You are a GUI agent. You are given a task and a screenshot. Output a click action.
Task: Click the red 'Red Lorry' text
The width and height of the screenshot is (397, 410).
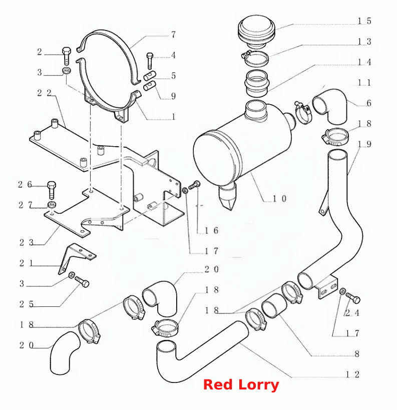(x=241, y=385)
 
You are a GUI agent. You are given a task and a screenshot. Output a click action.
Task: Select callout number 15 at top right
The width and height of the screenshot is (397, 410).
(x=364, y=21)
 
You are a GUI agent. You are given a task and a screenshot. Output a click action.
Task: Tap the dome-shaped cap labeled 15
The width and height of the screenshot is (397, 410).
(x=256, y=32)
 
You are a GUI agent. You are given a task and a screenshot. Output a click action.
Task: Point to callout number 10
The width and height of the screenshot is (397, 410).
(x=280, y=199)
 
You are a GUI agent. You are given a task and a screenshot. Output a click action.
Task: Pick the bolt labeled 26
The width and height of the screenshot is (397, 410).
(x=52, y=190)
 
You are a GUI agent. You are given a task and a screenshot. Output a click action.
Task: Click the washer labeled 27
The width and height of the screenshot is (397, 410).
(x=52, y=204)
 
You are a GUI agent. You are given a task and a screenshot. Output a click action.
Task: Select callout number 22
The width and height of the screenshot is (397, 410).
(x=44, y=93)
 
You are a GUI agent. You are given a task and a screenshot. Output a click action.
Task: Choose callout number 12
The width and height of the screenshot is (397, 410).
(x=352, y=374)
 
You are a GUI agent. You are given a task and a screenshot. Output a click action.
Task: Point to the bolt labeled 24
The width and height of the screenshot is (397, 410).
(x=353, y=298)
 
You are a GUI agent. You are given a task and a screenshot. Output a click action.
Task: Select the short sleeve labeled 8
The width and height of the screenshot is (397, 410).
(x=274, y=305)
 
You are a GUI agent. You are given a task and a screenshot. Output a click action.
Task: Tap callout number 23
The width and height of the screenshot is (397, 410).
(x=27, y=243)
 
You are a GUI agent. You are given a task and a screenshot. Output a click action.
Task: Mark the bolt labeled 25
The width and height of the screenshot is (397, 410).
(x=82, y=282)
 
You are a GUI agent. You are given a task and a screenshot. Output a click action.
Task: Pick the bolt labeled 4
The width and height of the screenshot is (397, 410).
(x=150, y=61)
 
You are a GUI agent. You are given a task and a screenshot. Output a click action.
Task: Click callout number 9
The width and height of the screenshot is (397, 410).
(x=173, y=96)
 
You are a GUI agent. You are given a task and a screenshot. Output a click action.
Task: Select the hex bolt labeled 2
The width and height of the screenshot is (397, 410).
(x=67, y=56)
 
